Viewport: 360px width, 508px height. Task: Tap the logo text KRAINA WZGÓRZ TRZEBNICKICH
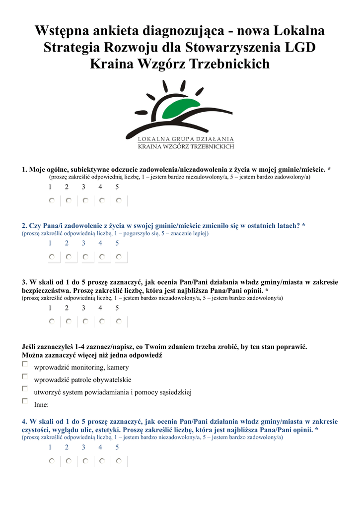click(x=186, y=146)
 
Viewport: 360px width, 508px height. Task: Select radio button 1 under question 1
click(x=52, y=200)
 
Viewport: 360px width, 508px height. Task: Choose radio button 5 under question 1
click(x=119, y=200)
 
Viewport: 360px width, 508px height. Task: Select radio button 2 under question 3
click(x=69, y=321)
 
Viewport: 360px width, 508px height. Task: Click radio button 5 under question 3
click(x=119, y=321)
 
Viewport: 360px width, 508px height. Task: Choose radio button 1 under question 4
click(x=52, y=461)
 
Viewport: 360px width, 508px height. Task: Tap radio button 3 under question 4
click(x=85, y=461)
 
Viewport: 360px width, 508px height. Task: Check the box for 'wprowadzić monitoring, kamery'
click(x=25, y=364)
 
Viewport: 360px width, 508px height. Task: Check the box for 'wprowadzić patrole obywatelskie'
click(x=25, y=376)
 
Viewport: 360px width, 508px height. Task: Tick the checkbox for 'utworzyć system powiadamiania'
click(x=25, y=388)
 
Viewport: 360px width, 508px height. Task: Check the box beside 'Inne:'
click(x=25, y=401)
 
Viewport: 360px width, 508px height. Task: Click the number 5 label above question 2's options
click(x=117, y=243)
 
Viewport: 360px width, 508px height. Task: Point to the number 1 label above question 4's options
click(x=50, y=447)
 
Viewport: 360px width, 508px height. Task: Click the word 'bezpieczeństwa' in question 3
click(x=46, y=290)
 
